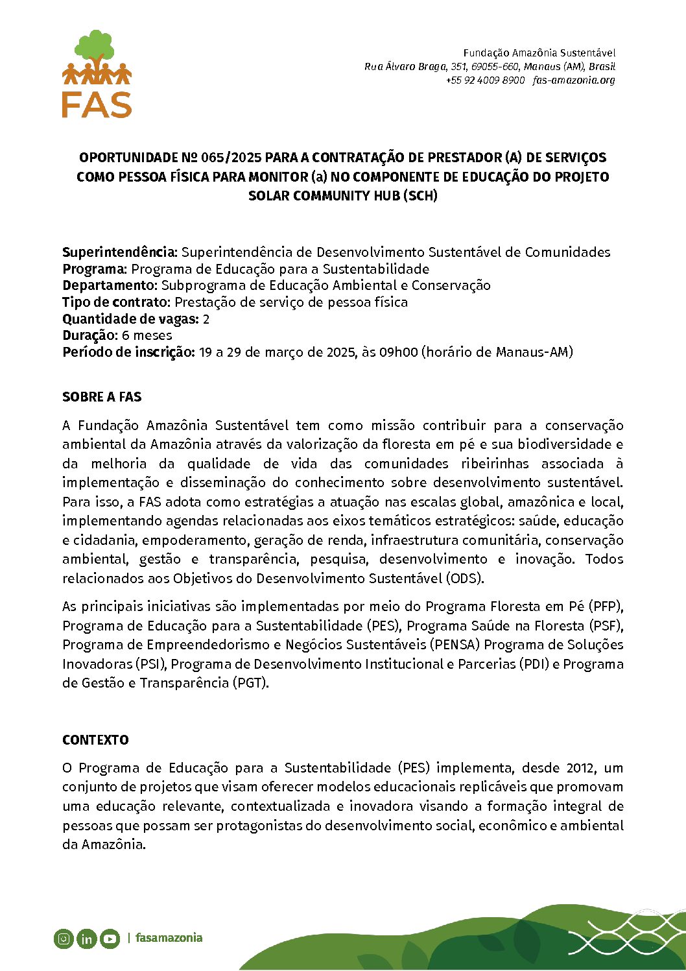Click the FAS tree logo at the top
(97, 73)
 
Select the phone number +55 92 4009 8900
(485, 80)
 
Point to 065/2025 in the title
(231, 158)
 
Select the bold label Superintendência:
(120, 252)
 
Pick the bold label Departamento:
(110, 285)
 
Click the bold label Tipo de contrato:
(117, 302)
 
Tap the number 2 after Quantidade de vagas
(206, 319)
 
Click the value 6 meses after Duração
(147, 335)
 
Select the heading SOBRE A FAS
(102, 397)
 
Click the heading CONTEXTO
(95, 740)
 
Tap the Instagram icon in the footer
(64, 938)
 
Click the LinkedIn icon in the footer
(86, 938)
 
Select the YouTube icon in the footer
(110, 938)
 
